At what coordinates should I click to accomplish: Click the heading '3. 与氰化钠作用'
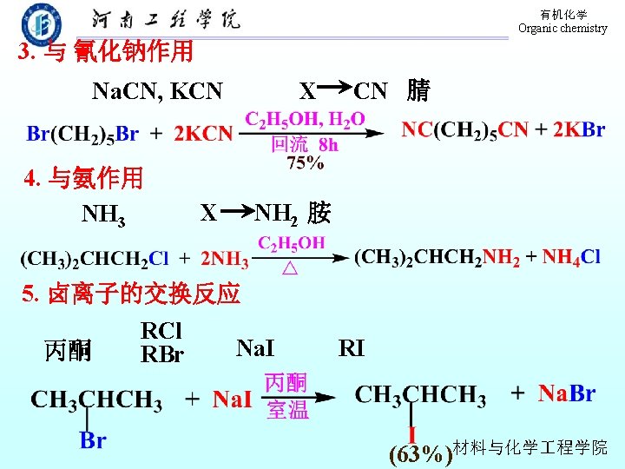tap(106, 53)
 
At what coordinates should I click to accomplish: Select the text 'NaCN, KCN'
tap(157, 90)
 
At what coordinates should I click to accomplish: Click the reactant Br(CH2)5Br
tap(82, 134)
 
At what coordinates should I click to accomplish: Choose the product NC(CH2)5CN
tap(464, 130)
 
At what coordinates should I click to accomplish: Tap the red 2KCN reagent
tap(203, 134)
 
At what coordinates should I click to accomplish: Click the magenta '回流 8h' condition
tap(305, 145)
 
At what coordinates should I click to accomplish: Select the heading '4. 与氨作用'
tap(83, 179)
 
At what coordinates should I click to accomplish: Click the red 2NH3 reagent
tap(225, 259)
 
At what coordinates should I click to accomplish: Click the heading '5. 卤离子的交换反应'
tap(131, 294)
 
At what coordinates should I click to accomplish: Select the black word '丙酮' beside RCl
tap(68, 350)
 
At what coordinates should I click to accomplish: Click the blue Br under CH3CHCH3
tap(93, 439)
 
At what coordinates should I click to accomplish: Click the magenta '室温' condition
tap(287, 410)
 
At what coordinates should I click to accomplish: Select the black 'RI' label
tap(352, 349)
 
